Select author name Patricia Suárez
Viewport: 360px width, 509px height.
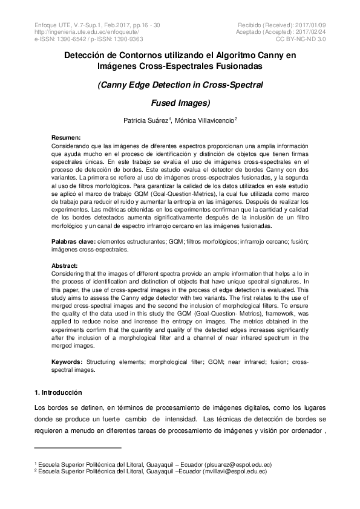pos(145,120)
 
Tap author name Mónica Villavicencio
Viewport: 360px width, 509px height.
pos(205,120)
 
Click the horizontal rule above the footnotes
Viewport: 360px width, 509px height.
pos(78,448)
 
